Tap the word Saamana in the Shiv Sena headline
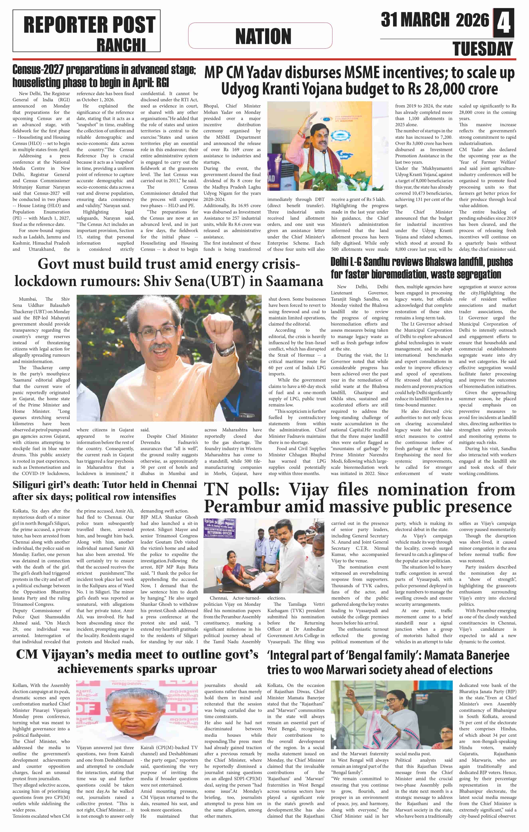click(x=294, y=281)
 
